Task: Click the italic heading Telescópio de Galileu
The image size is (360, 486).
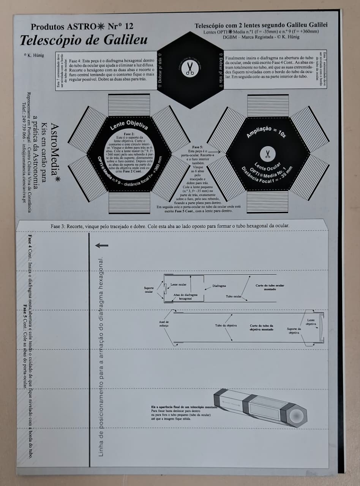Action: click(84, 40)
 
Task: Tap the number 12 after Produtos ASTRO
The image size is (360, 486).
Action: click(129, 26)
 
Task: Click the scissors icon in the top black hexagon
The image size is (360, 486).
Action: click(190, 68)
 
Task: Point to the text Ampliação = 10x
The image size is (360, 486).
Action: click(267, 131)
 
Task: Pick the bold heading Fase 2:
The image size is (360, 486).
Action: click(130, 134)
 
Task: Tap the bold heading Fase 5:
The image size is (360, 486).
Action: click(198, 147)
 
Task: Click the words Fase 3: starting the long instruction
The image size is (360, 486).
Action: click(58, 226)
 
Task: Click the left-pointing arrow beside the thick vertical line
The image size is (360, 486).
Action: click(102, 245)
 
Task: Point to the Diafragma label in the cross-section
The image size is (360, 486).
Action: click(219, 286)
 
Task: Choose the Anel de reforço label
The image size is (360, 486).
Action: click(164, 323)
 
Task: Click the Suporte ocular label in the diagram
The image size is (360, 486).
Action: click(149, 290)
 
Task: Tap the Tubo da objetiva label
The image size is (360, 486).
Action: click(226, 325)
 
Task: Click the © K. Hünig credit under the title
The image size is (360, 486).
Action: click(34, 55)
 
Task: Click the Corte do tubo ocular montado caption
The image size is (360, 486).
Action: click(270, 287)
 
